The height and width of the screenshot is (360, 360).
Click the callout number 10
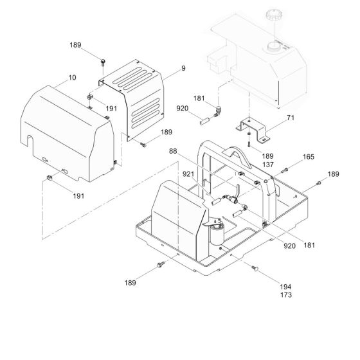point(72,78)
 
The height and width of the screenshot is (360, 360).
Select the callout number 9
point(183,68)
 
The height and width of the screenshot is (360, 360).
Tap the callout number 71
point(291,118)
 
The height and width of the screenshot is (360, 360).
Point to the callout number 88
point(173,151)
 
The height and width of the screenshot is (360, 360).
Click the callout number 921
point(188,174)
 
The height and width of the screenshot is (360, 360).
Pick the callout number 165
point(309,157)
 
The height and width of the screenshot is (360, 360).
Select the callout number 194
point(285,287)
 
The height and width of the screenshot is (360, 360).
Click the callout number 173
point(286,294)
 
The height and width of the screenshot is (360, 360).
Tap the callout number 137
point(268,165)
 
